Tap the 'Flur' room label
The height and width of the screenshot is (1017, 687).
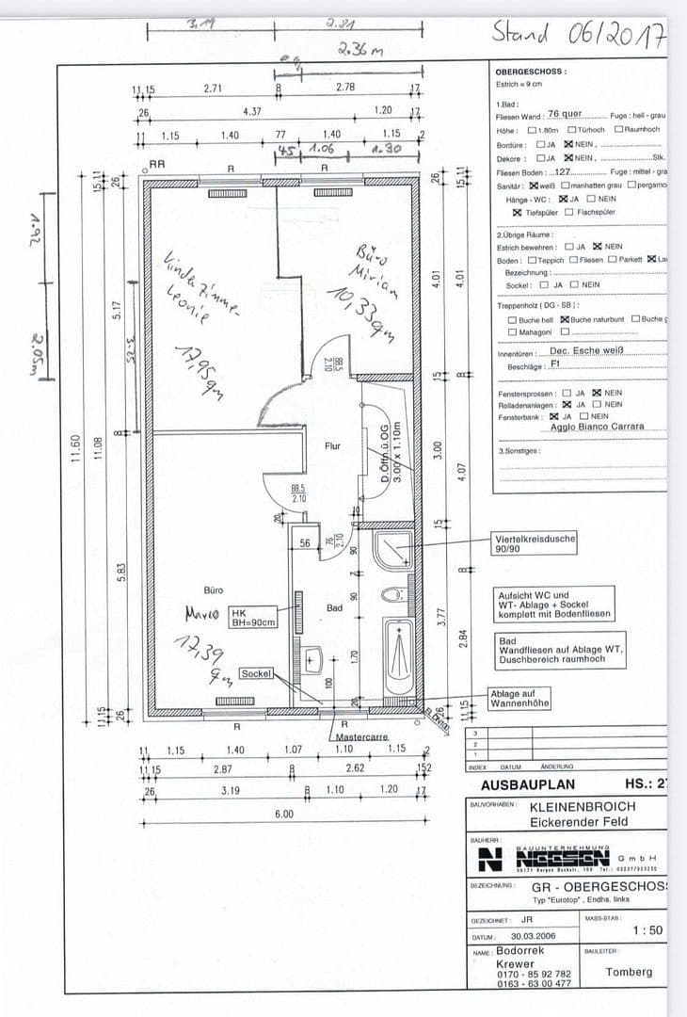tap(332, 445)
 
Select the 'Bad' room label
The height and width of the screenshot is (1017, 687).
tap(334, 608)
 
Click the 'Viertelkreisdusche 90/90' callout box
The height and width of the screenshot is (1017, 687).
tap(535, 543)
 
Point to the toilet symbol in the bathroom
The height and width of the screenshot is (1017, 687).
tap(394, 595)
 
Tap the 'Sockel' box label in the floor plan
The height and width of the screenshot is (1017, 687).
tap(255, 674)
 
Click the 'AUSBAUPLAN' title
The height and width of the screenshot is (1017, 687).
tap(527, 784)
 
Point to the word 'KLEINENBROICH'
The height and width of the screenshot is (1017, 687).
tap(583, 807)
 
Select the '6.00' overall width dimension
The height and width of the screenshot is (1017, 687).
tap(284, 814)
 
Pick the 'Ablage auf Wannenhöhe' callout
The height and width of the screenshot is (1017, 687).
tap(519, 698)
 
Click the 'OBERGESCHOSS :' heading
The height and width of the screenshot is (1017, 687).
tap(531, 72)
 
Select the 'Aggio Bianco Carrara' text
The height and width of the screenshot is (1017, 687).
tap(597, 426)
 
